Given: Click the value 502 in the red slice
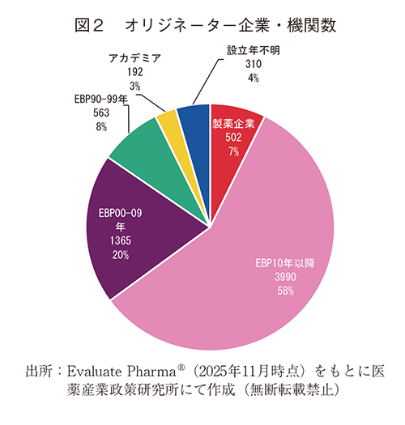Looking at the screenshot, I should click(233, 138).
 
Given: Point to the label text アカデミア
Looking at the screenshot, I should click(135, 58).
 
